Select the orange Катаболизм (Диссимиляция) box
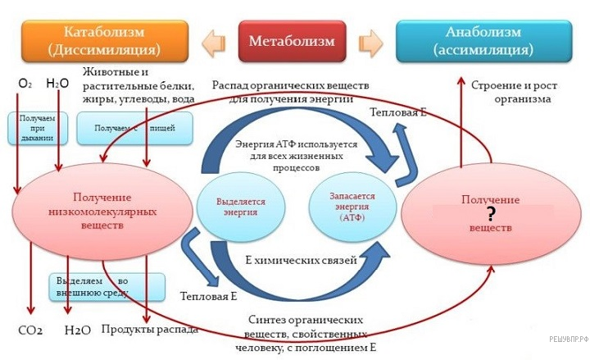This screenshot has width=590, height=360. tap(103, 42)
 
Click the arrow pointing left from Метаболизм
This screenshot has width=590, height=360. tap(212, 40)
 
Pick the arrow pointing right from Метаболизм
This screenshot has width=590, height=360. tap(371, 40)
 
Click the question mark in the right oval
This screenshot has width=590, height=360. tap(491, 214)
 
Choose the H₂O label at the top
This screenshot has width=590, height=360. tap(57, 84)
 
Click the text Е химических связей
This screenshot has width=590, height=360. tap(301, 262)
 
